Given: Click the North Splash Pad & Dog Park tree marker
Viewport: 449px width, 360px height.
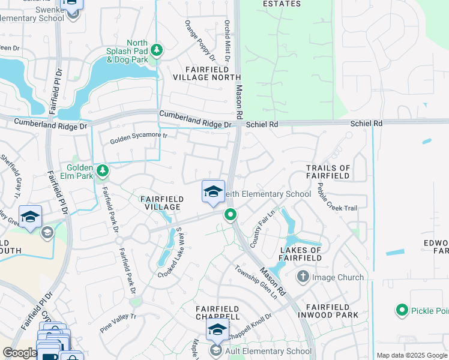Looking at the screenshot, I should (x=157, y=49).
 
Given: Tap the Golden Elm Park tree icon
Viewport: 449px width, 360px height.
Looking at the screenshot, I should (x=103, y=172).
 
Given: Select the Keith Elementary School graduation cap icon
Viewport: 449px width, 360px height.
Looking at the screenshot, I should (x=212, y=191).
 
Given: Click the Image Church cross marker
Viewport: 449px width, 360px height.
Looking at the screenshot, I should (x=303, y=277).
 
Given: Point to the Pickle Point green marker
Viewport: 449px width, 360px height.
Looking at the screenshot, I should (x=402, y=310).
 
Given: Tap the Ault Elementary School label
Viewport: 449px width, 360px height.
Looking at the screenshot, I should (x=268, y=351).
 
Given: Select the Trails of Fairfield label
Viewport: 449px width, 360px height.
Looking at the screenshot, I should (x=328, y=172).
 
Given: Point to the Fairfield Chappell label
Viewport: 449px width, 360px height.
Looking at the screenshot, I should (x=218, y=312).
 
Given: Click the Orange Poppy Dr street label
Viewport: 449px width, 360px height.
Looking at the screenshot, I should (x=200, y=40).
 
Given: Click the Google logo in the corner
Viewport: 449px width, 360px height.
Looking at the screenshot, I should (x=19, y=353).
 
